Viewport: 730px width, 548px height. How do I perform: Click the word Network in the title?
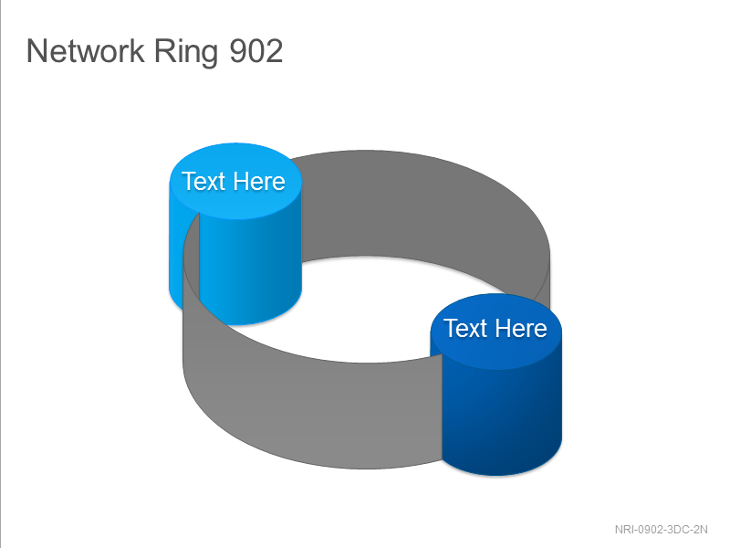pos(86,50)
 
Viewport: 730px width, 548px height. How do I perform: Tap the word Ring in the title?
pos(186,52)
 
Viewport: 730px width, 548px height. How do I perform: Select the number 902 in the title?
pos(256,50)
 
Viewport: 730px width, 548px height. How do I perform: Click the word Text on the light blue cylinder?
pos(203,181)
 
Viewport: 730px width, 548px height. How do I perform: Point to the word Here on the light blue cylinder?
pos(258,181)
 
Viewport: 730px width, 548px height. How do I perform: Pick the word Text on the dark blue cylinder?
pos(465,328)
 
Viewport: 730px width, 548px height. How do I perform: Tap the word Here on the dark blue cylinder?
pos(520,328)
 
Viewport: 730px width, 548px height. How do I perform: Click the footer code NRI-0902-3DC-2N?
pos(661,530)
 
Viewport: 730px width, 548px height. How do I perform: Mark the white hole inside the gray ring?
pos(368,308)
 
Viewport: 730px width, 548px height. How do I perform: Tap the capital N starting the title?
pos(37,50)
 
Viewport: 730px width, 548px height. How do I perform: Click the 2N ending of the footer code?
pos(701,530)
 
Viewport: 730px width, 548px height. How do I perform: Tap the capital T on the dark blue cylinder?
pos(450,328)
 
